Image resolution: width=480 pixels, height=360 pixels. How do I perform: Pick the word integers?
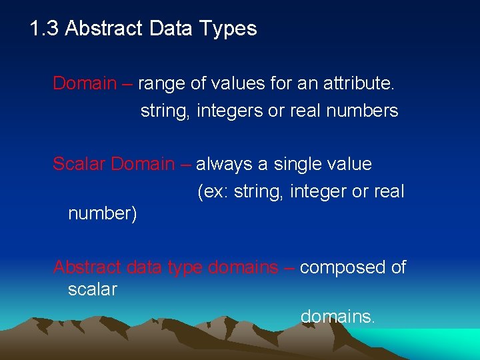click(x=231, y=111)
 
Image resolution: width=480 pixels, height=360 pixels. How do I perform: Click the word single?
click(x=301, y=164)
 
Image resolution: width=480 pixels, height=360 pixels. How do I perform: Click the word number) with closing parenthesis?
click(x=103, y=214)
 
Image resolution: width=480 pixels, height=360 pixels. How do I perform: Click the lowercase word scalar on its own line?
click(x=92, y=289)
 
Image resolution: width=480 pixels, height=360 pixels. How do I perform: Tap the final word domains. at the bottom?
click(x=338, y=317)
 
